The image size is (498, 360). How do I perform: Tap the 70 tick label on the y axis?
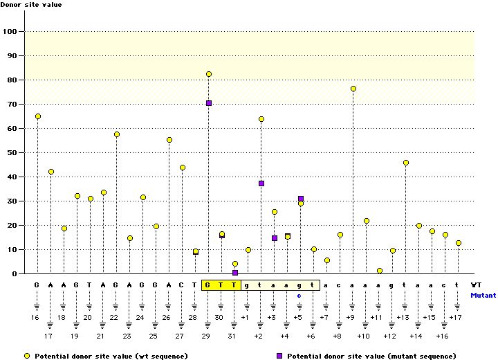tap(12, 104)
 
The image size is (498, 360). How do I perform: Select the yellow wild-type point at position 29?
tap(208, 74)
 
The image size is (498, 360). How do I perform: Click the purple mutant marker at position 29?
tap(208, 103)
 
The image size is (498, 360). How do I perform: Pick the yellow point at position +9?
tap(353, 89)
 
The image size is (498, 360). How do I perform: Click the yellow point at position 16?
tap(37, 116)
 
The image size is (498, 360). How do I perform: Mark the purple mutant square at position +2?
tap(261, 183)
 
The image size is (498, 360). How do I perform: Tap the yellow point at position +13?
tap(405, 163)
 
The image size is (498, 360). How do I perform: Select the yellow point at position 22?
tap(117, 134)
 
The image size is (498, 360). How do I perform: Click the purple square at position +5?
tap(301, 199)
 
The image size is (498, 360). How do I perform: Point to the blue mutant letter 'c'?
tap(299, 295)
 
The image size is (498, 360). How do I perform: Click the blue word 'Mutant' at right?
tap(483, 295)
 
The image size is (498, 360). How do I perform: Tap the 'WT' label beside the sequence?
tap(476, 285)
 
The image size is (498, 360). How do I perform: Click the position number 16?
tap(35, 317)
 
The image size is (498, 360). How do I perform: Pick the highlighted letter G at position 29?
tap(207, 285)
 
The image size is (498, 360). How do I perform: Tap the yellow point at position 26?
tap(169, 140)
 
